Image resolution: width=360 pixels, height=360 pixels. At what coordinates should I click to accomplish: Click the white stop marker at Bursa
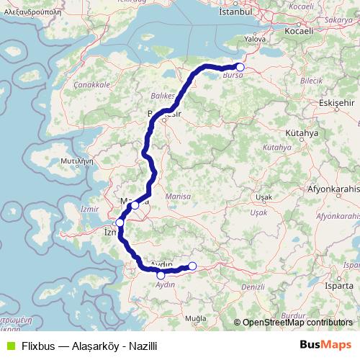coord(240,68)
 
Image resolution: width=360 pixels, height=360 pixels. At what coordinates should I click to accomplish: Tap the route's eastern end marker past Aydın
coord(192,266)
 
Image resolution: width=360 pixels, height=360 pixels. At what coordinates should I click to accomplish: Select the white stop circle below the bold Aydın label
coord(161,275)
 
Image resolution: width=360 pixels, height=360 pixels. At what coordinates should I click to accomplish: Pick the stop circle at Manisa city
coord(135,205)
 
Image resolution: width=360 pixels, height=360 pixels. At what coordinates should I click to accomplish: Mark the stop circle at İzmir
coord(120,223)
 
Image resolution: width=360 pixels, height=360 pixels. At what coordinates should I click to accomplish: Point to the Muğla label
coord(195,318)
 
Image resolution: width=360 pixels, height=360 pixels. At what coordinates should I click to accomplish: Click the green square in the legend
coord(9,345)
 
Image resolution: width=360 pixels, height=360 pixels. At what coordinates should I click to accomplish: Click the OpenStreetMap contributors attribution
coord(297,323)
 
